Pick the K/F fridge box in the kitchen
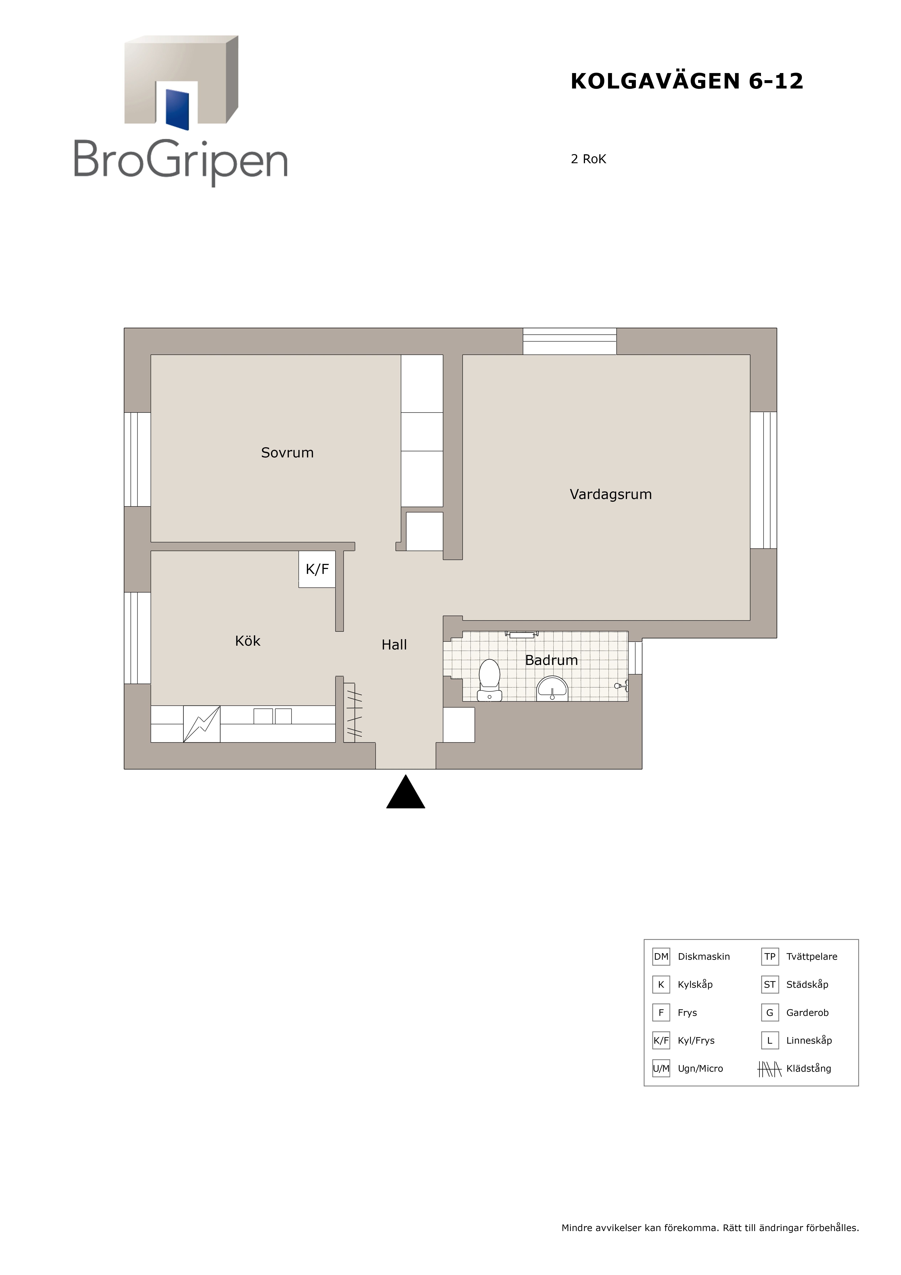317,569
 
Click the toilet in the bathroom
490,680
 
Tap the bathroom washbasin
552,689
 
